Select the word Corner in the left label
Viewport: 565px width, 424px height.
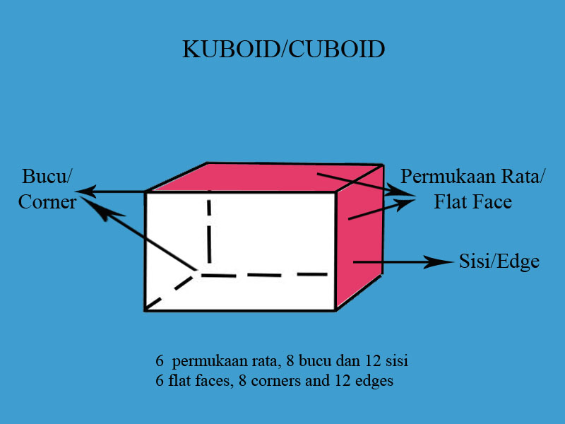click(x=47, y=201)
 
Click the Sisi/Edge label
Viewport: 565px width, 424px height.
click(x=499, y=261)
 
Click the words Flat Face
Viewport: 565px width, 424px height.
click(x=472, y=202)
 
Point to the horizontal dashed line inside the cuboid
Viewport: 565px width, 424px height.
click(x=268, y=274)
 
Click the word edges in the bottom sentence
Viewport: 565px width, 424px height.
click(x=375, y=381)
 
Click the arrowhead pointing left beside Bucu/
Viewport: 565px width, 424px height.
click(x=83, y=192)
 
